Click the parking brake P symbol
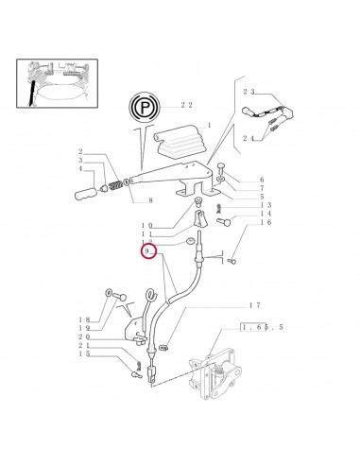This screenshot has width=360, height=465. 145,107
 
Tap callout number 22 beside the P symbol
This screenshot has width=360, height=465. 186,105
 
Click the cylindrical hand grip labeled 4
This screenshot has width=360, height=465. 85,192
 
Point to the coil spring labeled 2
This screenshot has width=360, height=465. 116,185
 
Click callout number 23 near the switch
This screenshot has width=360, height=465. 249,92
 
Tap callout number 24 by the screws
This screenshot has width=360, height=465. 249,138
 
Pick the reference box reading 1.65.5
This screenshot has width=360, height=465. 262,327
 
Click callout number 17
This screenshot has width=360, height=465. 255,305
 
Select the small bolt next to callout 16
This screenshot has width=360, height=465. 231,261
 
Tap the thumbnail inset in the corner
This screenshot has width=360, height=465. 57,83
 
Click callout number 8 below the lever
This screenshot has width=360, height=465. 150,200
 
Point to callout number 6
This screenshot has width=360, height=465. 262,180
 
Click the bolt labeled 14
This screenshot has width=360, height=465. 224,222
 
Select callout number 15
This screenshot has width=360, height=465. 84,353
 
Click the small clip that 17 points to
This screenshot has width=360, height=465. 163,348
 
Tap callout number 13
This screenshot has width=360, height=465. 266,205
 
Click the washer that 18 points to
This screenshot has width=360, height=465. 108,293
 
